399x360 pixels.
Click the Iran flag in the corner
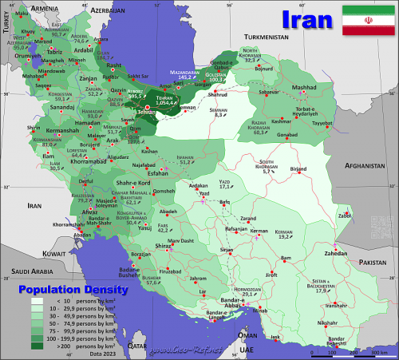coord(365,20)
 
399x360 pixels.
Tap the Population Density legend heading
coord(61,289)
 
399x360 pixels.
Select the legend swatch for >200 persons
coord(38,346)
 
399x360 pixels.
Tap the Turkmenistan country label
coord(266,38)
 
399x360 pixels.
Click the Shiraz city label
coord(164,247)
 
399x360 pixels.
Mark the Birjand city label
coord(298,169)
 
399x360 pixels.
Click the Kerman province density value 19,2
coord(282,236)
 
